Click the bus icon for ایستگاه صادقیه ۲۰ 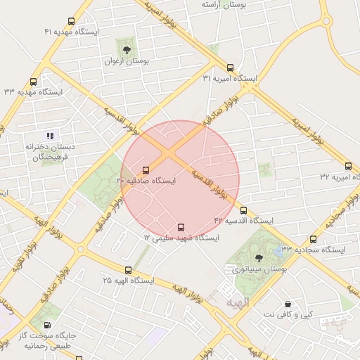click(146, 170)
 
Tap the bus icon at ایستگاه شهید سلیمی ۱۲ click(181, 227)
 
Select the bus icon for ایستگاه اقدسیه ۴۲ click(243, 210)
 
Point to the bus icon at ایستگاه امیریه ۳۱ click(231, 67)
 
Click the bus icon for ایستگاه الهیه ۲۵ click(128, 270)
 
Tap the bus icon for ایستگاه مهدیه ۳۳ click(34, 82)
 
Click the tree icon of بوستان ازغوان click(126, 50)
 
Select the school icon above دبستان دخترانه click(49, 135)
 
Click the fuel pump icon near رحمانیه click(47, 325)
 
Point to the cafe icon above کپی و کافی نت click(288, 304)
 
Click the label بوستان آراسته click(223, 5)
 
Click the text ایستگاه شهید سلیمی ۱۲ click(182, 238)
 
